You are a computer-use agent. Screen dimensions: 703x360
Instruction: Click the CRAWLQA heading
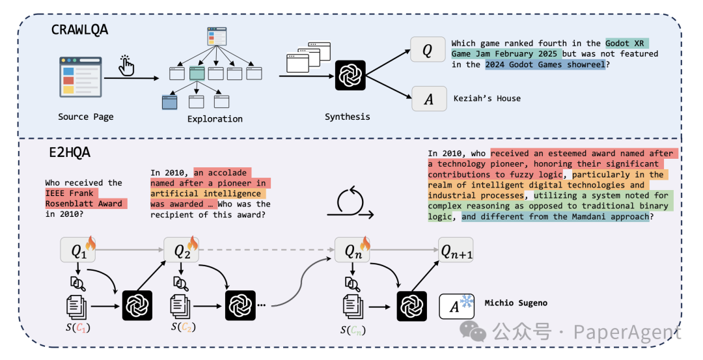pyautogui.click(x=79, y=29)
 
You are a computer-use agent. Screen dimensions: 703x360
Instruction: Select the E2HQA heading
pyautogui.click(x=70, y=152)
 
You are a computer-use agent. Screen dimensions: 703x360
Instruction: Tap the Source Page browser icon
pyautogui.click(x=81, y=77)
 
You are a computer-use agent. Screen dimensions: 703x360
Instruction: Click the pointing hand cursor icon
pyautogui.click(x=126, y=66)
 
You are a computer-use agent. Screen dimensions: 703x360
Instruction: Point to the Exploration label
pyautogui.click(x=215, y=118)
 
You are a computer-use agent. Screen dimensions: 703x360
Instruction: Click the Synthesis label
pyautogui.click(x=348, y=117)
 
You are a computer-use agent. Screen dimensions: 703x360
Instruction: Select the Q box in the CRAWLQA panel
pyautogui.click(x=428, y=49)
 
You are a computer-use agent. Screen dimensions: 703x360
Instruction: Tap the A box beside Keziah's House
pyautogui.click(x=429, y=99)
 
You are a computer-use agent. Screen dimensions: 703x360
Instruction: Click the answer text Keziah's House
pyautogui.click(x=487, y=98)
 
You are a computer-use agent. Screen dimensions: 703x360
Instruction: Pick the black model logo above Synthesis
pyautogui.click(x=350, y=76)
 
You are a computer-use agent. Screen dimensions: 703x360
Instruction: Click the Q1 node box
pyautogui.click(x=78, y=250)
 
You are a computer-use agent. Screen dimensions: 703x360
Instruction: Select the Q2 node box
pyautogui.click(x=181, y=250)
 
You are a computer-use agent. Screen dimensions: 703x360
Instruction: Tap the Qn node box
pyautogui.click(x=352, y=250)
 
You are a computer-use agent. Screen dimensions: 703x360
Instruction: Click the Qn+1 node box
pyautogui.click(x=456, y=250)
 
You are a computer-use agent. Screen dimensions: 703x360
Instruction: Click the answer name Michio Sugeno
pyautogui.click(x=516, y=303)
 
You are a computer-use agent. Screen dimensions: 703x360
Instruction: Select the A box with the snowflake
pyautogui.click(x=456, y=306)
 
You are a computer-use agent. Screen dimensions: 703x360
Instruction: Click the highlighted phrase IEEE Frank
pyautogui.click(x=69, y=193)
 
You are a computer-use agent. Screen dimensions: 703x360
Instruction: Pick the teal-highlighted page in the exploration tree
pyautogui.click(x=197, y=73)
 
